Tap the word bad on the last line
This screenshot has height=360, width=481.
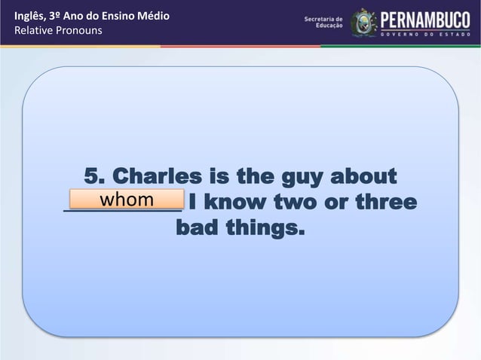[197, 227]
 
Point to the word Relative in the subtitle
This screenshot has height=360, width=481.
[24, 32]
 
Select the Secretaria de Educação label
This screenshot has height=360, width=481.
[323, 22]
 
